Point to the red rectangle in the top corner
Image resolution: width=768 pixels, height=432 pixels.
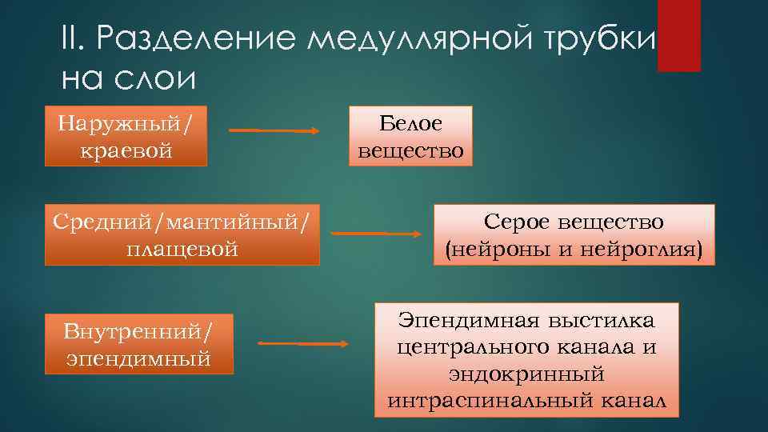click(x=678, y=35)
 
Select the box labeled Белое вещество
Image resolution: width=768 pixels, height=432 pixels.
click(x=410, y=136)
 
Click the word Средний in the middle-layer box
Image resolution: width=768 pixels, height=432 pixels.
click(x=97, y=220)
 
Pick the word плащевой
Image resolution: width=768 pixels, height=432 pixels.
click(x=182, y=249)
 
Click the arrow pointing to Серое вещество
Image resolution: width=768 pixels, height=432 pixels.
click(x=376, y=234)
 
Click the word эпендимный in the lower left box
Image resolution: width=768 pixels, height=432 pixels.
click(x=139, y=358)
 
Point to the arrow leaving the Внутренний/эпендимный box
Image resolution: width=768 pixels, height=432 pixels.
click(x=303, y=344)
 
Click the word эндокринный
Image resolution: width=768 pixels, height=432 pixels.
click(x=526, y=374)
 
